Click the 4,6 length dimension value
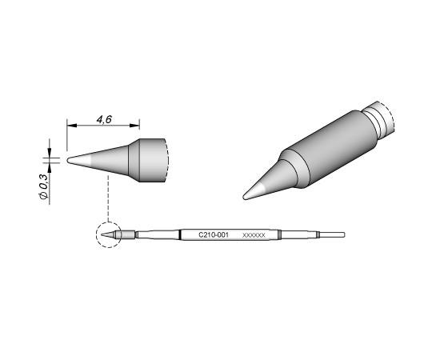coord(104,119)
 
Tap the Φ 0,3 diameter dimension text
coord(43,186)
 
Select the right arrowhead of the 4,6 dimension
coord(134,126)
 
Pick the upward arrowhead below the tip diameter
coord(50,168)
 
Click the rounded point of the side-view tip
coord(69,160)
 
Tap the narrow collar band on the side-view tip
coord(134,160)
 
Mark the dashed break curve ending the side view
coord(166,160)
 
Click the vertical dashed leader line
coord(108,198)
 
